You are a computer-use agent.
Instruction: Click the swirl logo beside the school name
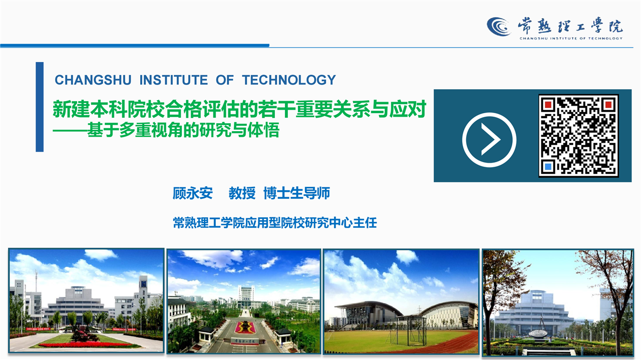(499, 27)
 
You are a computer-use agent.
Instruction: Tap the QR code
(578, 135)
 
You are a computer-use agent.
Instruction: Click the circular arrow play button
(489, 140)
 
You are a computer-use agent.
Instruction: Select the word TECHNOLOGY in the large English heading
(289, 80)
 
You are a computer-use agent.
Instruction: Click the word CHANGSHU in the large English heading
(93, 80)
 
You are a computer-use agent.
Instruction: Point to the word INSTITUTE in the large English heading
(173, 80)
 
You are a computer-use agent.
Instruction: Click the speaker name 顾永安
(193, 193)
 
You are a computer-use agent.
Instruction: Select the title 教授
(242, 193)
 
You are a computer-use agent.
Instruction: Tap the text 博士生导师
(297, 193)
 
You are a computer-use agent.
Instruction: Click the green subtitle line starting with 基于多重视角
(166, 131)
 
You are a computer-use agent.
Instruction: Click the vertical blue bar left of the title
(40, 107)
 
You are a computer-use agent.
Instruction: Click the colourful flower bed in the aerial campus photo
(245, 327)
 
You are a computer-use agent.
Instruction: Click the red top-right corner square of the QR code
(608, 105)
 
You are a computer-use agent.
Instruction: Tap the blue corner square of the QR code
(548, 166)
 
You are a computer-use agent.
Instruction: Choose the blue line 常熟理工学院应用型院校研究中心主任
(275, 223)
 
